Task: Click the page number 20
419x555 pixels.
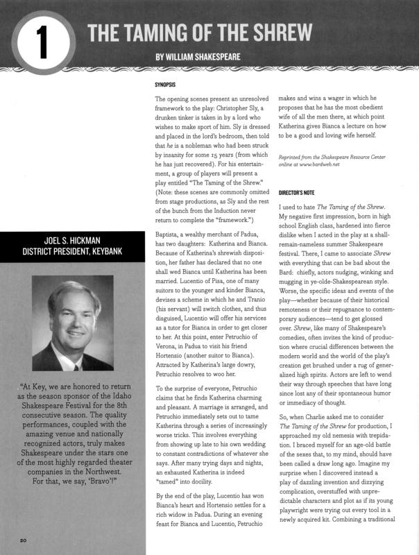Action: coord(23,539)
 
